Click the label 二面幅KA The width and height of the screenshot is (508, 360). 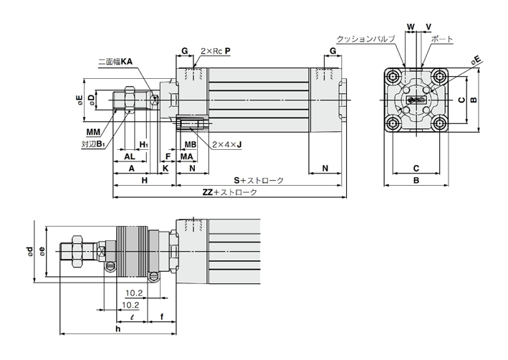click(x=116, y=62)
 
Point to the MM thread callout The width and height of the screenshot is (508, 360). click(x=92, y=133)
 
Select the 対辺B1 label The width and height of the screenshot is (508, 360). click(x=93, y=143)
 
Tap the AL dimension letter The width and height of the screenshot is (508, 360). click(x=130, y=156)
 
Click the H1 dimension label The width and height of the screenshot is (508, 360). click(x=144, y=144)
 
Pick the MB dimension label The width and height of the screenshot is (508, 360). click(x=190, y=144)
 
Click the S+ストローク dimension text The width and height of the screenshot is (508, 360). click(x=259, y=179)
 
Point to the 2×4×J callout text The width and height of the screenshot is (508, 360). click(x=226, y=144)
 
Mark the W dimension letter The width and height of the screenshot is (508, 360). click(x=411, y=27)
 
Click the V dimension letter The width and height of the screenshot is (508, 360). click(x=428, y=27)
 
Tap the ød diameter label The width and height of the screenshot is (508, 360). click(x=29, y=252)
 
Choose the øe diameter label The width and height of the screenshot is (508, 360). click(x=43, y=252)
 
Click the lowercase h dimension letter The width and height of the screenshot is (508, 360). click(x=117, y=328)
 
